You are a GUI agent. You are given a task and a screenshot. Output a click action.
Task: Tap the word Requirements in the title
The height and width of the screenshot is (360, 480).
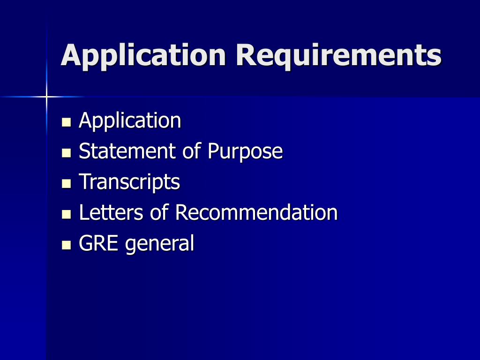[342, 55]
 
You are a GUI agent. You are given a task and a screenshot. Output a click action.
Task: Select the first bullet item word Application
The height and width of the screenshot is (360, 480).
[130, 121]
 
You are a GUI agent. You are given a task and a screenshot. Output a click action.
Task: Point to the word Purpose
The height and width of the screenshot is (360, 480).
[245, 151]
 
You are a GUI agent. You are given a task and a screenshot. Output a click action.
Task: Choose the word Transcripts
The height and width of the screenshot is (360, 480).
[129, 182]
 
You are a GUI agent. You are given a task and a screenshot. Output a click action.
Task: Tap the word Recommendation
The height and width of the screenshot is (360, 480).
[256, 213]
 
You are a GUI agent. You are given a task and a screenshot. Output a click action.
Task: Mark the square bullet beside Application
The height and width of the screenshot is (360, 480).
[66, 123]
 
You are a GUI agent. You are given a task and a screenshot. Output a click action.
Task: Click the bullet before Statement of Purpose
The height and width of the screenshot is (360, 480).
[66, 153]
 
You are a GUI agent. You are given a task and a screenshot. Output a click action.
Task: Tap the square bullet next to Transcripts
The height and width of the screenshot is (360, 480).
[66, 184]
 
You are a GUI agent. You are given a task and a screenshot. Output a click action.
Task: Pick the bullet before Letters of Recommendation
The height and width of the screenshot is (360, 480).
[66, 215]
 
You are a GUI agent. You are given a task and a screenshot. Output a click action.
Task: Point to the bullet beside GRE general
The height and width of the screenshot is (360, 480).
[66, 245]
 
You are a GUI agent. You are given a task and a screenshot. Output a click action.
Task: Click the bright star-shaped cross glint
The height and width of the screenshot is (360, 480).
[47, 97]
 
